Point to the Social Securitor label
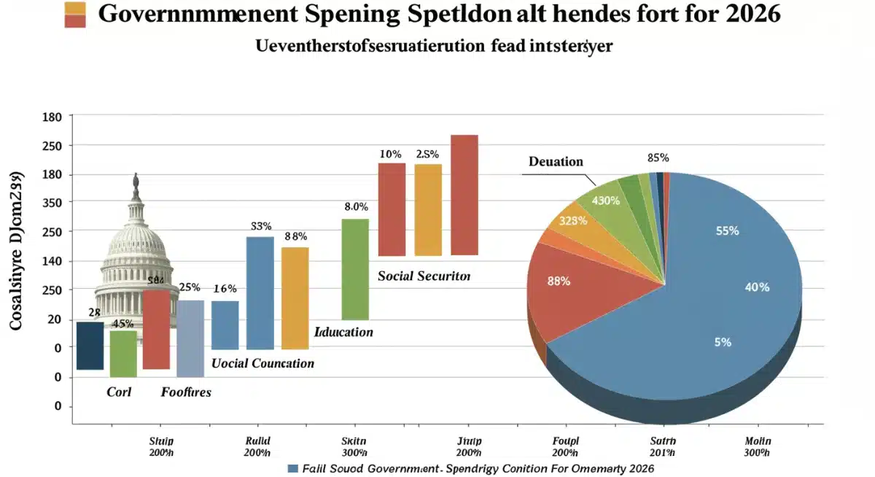(x=424, y=277)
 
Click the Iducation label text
(x=343, y=332)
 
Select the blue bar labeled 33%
(x=260, y=292)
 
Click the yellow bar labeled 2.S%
(x=428, y=209)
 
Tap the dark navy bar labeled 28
(x=90, y=345)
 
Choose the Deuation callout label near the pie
(x=556, y=161)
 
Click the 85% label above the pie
(x=658, y=158)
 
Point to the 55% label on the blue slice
(x=727, y=231)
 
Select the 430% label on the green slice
(x=606, y=201)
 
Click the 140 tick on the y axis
(x=55, y=261)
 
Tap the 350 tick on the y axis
(x=55, y=203)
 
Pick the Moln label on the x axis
(x=758, y=442)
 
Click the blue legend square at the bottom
(x=294, y=468)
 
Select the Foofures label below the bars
(x=186, y=392)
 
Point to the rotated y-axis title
(x=16, y=252)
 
